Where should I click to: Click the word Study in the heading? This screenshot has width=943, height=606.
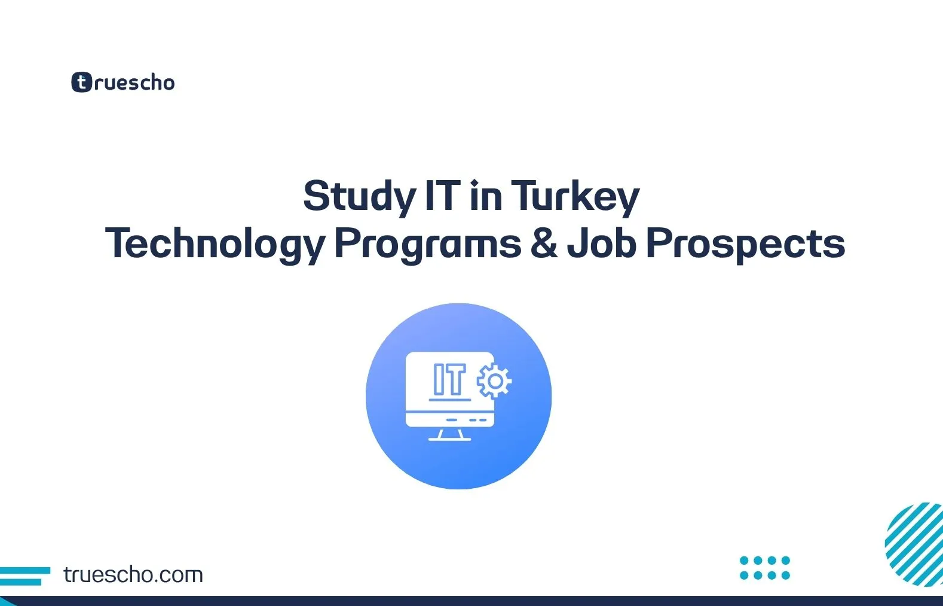pyautogui.click(x=359, y=197)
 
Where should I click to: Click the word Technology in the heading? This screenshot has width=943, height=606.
pyautogui.click(x=215, y=244)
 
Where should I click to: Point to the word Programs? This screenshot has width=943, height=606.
pyautogui.click(x=427, y=244)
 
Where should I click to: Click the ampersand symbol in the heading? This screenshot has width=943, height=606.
pyautogui.click(x=543, y=243)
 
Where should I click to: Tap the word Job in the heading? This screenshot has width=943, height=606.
pyautogui.click(x=602, y=243)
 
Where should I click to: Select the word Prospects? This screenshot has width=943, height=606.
pyautogui.click(x=745, y=244)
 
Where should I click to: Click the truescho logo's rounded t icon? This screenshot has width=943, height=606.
pyautogui.click(x=82, y=83)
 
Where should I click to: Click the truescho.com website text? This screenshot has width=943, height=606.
pyautogui.click(x=133, y=575)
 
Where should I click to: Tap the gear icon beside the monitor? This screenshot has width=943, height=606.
pyautogui.click(x=494, y=380)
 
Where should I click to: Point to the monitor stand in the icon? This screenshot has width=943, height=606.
pyautogui.click(x=450, y=435)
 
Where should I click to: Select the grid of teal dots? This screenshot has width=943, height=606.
pyautogui.click(x=765, y=568)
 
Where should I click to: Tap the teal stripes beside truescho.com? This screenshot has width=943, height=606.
pyautogui.click(x=24, y=575)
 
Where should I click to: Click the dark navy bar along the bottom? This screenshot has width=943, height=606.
pyautogui.click(x=471, y=601)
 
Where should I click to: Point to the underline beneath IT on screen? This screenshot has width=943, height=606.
pyautogui.click(x=449, y=399)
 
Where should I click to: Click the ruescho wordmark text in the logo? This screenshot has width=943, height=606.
pyautogui.click(x=134, y=83)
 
